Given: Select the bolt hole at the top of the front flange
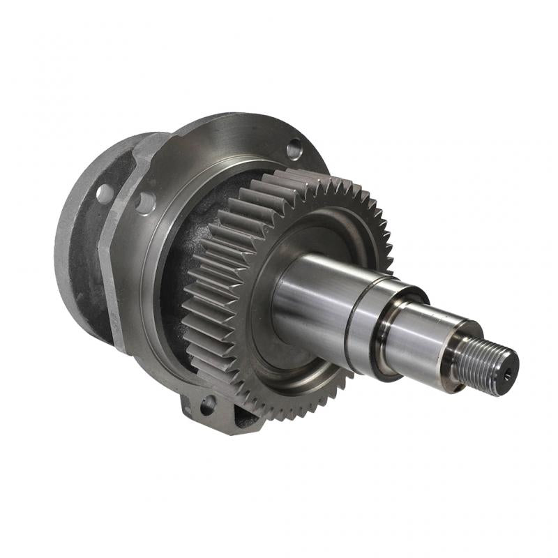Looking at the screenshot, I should pos(294,147).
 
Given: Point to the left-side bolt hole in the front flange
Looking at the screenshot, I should pos(145,202).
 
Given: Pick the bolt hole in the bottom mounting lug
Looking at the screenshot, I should pos(206,404).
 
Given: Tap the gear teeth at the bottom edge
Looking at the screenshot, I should pos(279,405).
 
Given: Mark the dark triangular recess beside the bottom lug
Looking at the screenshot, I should pos(241,418).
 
